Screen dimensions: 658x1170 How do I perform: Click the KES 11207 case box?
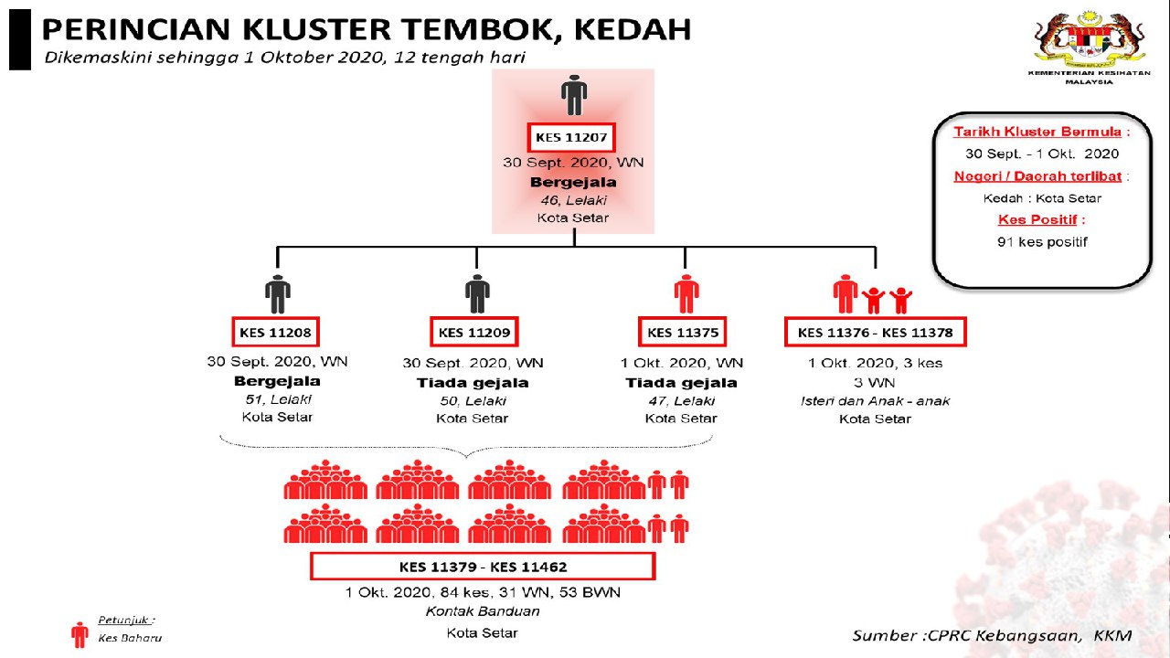[572, 138]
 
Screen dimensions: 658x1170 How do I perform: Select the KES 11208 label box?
[275, 332]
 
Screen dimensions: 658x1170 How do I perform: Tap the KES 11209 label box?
[473, 332]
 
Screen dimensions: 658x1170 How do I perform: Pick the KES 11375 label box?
[681, 332]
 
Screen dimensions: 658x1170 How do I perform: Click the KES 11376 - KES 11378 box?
[875, 332]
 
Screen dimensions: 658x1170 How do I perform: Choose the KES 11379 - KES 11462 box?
[483, 567]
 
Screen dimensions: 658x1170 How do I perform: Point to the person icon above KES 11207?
[573, 96]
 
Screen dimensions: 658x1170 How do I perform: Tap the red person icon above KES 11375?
[686, 292]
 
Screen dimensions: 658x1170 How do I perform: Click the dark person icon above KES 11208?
[278, 292]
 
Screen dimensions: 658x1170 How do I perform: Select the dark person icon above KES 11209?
[477, 292]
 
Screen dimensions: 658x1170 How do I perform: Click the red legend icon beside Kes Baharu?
[80, 634]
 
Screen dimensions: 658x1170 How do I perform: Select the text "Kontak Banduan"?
[482, 611]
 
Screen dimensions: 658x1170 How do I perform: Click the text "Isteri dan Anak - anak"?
[875, 400]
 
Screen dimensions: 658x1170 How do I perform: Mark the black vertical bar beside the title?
[19, 41]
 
